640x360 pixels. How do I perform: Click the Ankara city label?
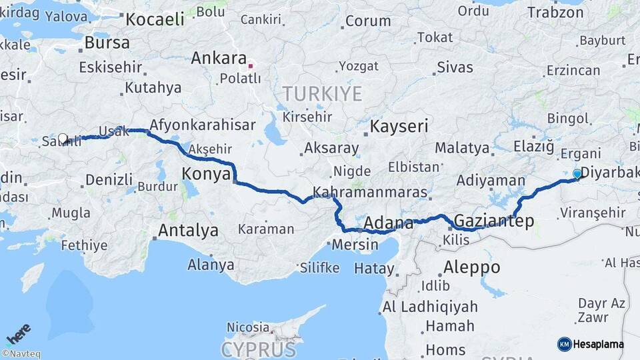click(x=219, y=59)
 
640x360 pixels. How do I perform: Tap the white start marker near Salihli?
click(x=63, y=139)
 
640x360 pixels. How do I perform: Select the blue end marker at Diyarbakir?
click(x=577, y=173)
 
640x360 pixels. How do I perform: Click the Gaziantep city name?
click(x=493, y=221)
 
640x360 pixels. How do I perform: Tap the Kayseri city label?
click(x=399, y=127)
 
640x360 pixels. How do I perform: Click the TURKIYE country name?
click(x=322, y=93)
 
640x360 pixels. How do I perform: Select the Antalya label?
click(x=188, y=231)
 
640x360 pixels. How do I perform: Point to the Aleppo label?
click(x=471, y=267)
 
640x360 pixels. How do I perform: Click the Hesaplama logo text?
click(x=597, y=344)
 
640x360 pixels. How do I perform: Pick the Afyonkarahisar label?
click(x=203, y=125)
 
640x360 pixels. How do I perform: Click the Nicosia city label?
click(x=247, y=328)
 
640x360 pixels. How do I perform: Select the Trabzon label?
click(x=555, y=12)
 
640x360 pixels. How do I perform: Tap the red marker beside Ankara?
click(x=251, y=65)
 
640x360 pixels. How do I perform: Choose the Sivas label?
click(x=455, y=67)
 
